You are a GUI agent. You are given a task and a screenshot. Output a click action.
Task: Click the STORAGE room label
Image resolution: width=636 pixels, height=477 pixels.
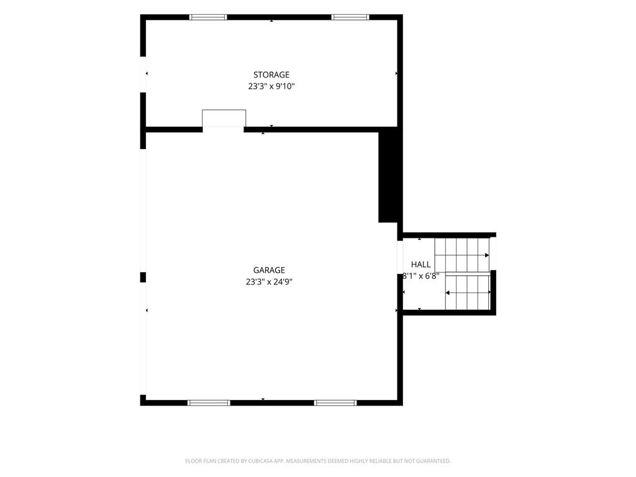pos(271,75)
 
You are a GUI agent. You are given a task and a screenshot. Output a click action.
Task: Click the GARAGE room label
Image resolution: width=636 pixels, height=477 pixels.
pos(269,270)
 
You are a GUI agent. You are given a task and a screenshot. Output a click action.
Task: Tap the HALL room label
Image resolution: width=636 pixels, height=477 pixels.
pos(420,265)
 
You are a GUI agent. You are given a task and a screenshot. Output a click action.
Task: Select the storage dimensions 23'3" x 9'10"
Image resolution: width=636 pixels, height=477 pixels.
pos(271,86)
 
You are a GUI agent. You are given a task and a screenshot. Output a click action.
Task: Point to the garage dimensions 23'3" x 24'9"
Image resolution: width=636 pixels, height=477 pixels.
pos(269,282)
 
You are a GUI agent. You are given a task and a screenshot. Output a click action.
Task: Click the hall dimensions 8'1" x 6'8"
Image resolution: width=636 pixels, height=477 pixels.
pos(420,276)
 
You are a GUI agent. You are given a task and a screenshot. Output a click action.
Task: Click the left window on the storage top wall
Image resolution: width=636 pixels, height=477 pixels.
pos(208,17)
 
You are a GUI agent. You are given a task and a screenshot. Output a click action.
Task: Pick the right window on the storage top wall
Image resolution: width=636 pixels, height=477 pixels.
pos(350,17)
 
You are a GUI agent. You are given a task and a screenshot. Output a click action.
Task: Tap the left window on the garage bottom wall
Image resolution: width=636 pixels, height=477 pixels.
pos(209,402)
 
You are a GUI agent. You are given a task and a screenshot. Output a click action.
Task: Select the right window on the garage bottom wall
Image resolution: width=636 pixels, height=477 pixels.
pos(335,402)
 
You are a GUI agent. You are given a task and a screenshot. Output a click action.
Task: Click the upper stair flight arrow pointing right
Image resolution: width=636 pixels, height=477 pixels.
pos(462,255)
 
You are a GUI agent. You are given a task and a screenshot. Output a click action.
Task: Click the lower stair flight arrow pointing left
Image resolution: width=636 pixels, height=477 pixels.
pos(468,293)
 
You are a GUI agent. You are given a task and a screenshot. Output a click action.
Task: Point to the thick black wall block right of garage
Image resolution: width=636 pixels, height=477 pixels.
pos(388,175)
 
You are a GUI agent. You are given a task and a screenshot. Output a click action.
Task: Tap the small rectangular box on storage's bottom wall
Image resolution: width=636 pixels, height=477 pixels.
pos(224,118)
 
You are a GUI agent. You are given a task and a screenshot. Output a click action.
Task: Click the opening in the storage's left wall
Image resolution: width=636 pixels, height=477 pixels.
pos(143,75)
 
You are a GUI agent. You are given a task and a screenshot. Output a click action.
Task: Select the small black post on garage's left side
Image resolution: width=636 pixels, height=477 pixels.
pos(143,277)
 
